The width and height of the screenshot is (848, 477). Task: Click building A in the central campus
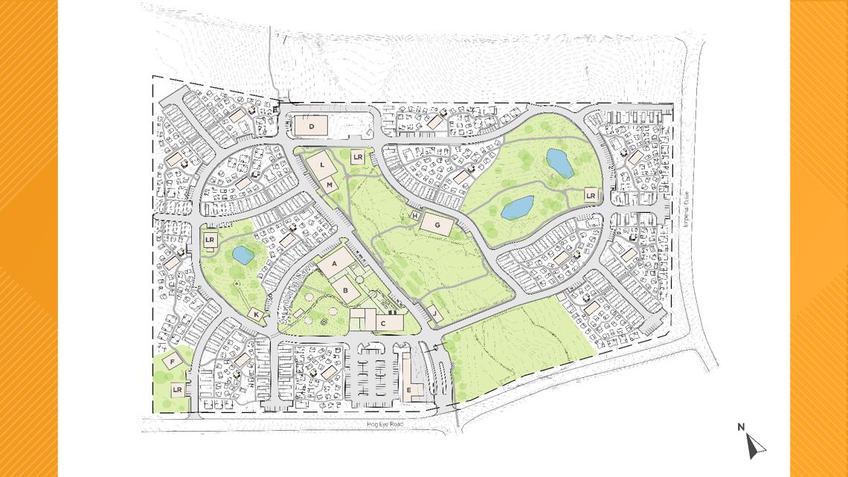pos(334,263)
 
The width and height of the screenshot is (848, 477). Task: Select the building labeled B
pos(345,289)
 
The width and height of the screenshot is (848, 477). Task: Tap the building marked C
pos(382,322)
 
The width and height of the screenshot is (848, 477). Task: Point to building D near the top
pos(312,127)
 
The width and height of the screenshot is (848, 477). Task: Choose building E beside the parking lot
pos(409,388)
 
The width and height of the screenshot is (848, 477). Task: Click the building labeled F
pos(173,362)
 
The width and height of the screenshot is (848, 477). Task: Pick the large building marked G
pos(437,224)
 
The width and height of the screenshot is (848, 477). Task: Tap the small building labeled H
pos(414,216)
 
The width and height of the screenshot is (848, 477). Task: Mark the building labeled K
pos(257,315)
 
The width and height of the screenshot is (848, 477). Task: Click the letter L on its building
pos(322,164)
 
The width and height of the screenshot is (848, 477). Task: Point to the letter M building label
pos(329,184)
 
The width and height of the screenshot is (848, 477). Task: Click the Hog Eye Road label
pos(385,424)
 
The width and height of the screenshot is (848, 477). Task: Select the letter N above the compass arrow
pos(741,427)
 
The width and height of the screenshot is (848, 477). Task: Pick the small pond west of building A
pos(242,256)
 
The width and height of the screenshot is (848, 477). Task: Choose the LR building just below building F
pos(177,389)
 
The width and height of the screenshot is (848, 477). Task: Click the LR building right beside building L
pos(358,157)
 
